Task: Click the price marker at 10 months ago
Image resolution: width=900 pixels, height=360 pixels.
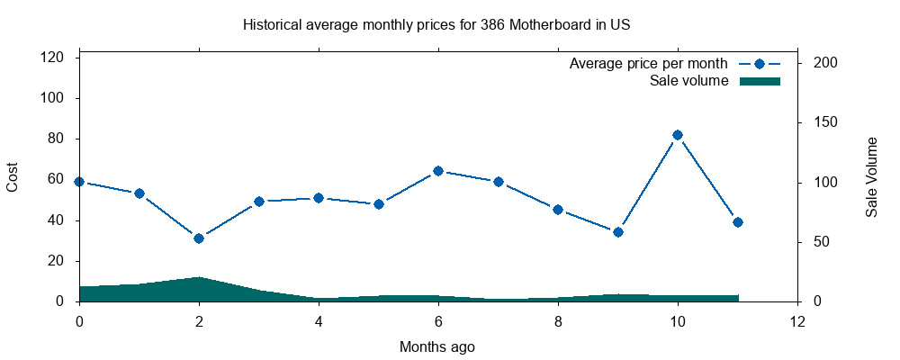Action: click(x=678, y=135)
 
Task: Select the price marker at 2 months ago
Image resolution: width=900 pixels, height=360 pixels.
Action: click(x=199, y=238)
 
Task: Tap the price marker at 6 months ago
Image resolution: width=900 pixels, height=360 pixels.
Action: click(x=438, y=171)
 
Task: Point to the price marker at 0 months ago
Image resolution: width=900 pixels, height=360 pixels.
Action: click(x=79, y=182)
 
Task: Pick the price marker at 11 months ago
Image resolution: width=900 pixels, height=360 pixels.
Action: click(x=738, y=222)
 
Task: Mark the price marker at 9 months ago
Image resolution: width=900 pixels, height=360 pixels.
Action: click(x=617, y=232)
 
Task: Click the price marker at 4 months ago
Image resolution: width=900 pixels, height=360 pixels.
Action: click(x=319, y=198)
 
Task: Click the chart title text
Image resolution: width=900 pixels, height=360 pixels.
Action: click(x=436, y=25)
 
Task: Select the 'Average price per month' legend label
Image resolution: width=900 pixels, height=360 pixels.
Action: click(x=649, y=64)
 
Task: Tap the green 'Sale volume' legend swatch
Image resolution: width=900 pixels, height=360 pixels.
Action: click(x=760, y=81)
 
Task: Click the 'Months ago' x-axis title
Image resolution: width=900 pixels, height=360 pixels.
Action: click(x=437, y=346)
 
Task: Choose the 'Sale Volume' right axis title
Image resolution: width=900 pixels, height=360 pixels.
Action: click(x=871, y=177)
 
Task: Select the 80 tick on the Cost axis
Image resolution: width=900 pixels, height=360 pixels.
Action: click(x=57, y=139)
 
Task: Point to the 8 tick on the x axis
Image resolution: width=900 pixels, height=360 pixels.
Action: click(x=558, y=320)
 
